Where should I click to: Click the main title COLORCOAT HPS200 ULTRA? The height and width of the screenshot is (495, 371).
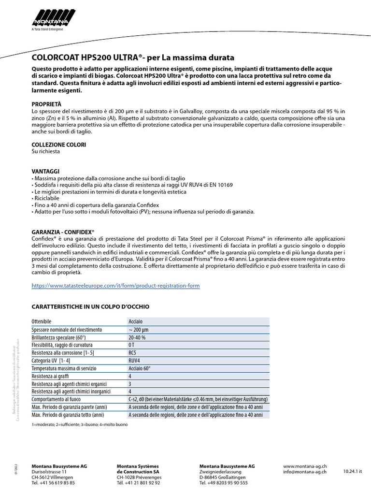(133, 57)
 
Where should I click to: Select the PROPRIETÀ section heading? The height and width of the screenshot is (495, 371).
(46, 104)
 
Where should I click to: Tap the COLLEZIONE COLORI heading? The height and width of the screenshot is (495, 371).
(59, 144)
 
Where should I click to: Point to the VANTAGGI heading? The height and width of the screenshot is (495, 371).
(45, 171)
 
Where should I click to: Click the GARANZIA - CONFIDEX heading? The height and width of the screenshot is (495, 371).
(63, 232)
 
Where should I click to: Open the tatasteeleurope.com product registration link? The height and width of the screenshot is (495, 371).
(115, 286)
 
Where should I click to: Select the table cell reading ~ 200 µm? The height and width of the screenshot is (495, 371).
(138, 329)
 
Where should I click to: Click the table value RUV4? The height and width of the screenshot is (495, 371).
(135, 361)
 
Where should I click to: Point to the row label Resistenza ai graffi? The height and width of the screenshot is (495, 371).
(52, 376)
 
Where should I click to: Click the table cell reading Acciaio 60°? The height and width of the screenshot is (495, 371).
(140, 368)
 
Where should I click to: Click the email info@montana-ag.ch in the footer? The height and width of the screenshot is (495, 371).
(305, 471)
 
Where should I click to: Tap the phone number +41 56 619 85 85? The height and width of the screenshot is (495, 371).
(53, 482)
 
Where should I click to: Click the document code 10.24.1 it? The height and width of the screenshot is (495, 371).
(353, 471)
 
